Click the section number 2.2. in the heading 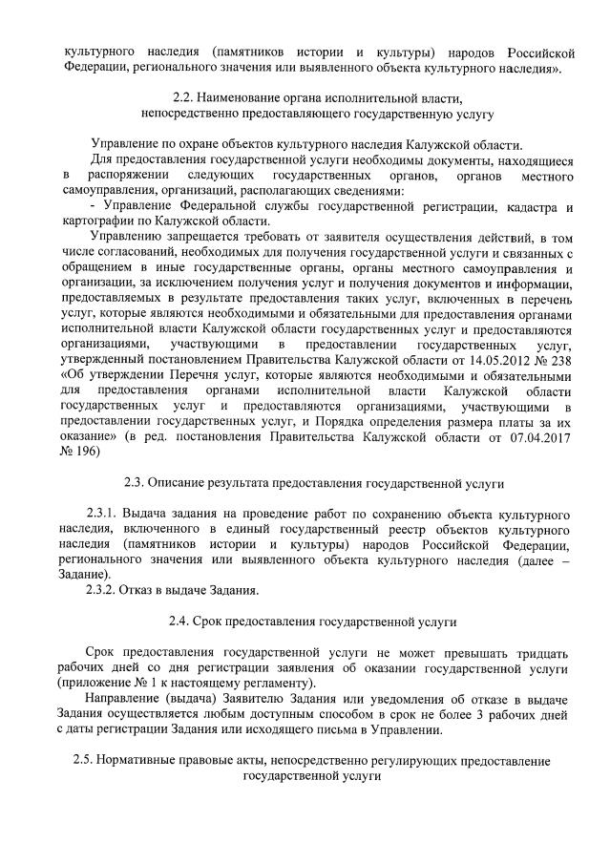(x=184, y=98)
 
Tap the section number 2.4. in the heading (x=182, y=622)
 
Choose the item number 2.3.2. (x=102, y=589)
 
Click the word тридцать (x=539, y=652)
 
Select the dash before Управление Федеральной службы (x=91, y=206)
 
